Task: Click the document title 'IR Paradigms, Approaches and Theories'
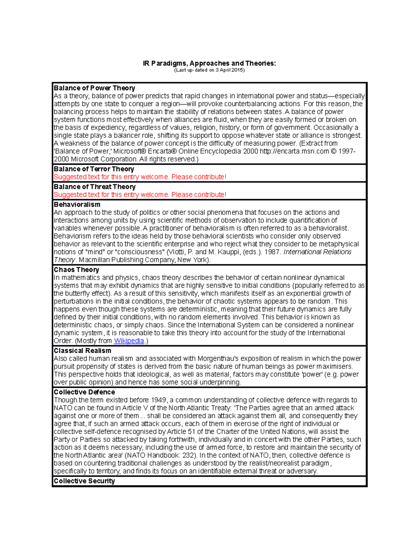point(209,63)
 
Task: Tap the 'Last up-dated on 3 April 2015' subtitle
point(209,70)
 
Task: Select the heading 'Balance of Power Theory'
point(94,88)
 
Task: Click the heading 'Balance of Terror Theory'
point(94,169)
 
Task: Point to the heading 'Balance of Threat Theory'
point(94,187)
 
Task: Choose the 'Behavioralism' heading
point(77,205)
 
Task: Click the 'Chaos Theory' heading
point(76,270)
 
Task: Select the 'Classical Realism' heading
point(82,351)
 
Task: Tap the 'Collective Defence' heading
point(84,392)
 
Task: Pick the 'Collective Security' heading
point(84,481)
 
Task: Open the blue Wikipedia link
point(129,341)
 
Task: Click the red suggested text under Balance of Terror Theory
point(140,177)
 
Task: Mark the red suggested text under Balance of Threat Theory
point(140,195)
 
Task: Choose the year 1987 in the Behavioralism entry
point(273,252)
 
